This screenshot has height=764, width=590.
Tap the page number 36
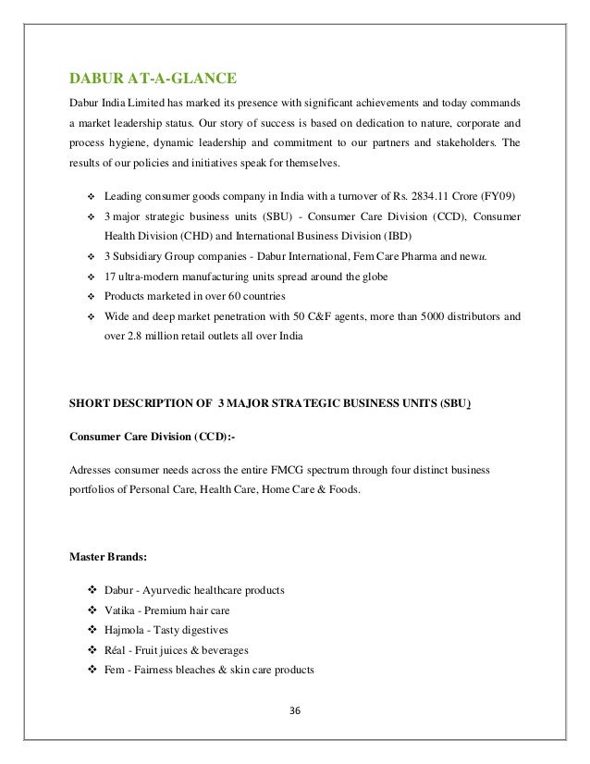pos(295,711)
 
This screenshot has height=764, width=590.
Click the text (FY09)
pos(500,197)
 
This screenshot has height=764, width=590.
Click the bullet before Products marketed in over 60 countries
pos(91,296)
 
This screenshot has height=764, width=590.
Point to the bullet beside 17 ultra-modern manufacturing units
pos(91,277)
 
